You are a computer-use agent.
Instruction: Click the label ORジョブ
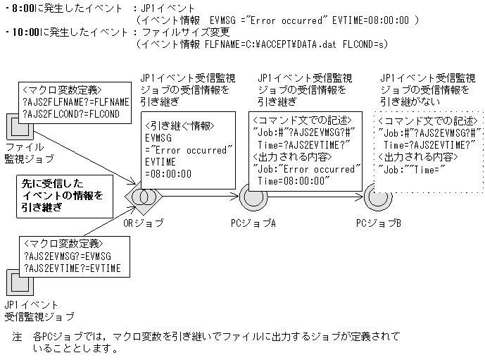(x=144, y=223)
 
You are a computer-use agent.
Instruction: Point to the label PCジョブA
(x=253, y=223)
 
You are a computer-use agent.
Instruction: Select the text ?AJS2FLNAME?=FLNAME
(x=76, y=102)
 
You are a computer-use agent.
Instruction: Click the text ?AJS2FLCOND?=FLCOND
(x=70, y=114)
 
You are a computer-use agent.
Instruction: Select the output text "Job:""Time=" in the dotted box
(x=410, y=169)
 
